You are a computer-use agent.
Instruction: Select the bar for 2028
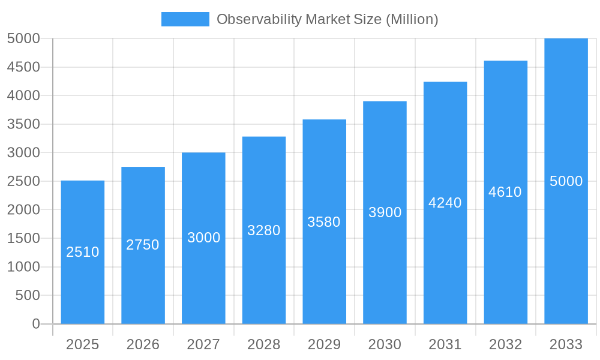coord(264,276)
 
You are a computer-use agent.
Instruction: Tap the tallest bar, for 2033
coord(566,252)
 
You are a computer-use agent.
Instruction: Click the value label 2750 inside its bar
coord(143,245)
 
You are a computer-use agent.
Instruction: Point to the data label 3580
coord(324,222)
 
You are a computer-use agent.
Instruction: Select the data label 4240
coord(445,203)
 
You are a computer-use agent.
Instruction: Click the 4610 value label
coord(505,192)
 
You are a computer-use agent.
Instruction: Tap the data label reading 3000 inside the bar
coord(204,238)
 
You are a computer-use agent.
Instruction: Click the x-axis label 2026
coord(143,344)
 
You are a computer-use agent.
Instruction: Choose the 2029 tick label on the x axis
coord(324,344)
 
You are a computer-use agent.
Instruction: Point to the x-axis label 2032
coord(505,344)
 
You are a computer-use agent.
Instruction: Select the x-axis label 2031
coord(445,344)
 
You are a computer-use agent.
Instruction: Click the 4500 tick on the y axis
coord(23,67)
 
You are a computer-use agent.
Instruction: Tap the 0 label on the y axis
coord(36,324)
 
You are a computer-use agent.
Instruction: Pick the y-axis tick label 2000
coord(23,210)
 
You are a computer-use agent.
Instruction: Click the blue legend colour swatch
coord(185,19)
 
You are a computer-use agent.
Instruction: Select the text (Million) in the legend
coord(412,19)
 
